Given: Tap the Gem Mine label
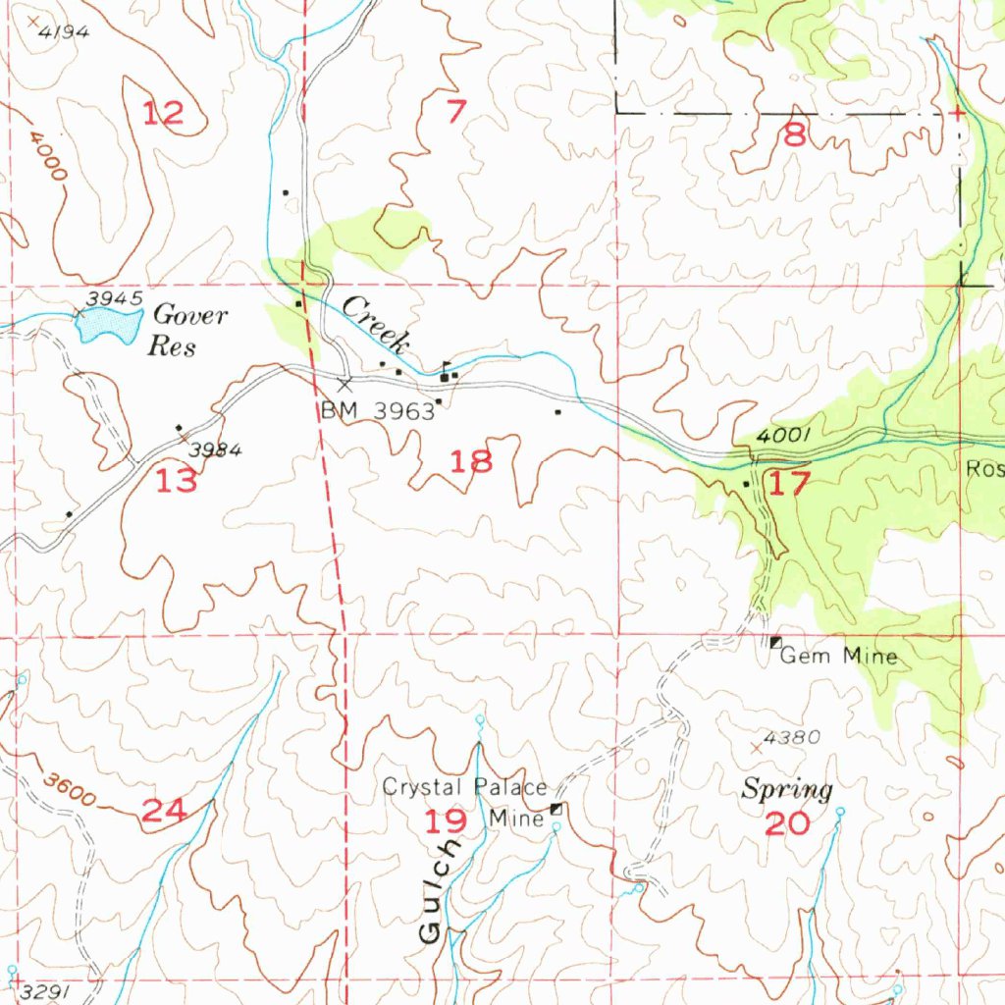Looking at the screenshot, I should pos(839,656).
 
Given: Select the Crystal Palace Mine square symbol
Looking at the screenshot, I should pos(557,809).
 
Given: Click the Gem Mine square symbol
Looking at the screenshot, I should pos(775,642).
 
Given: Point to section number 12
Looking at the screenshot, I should pos(163,114).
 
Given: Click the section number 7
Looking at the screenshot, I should pos(454,112).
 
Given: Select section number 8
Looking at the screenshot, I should pos(794,135).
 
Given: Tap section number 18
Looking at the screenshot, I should pos(471,460).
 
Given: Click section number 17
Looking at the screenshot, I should pos(790,483).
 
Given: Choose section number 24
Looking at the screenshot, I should pos(164,811).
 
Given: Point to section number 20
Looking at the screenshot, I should pos(787,823).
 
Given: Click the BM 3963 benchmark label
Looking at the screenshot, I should pos(378,411).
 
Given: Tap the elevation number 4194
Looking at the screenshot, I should pos(65,31).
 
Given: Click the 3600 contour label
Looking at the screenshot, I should pos(70,791).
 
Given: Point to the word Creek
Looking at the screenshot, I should pos(375,324).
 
